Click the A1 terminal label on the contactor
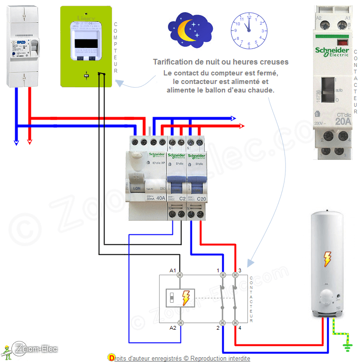[x=173, y=270]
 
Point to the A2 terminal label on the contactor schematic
[x=173, y=327]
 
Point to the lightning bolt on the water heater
[x=327, y=259]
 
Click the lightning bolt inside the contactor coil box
[x=186, y=297]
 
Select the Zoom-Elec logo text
[x=36, y=349]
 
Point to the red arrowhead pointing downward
[x=29, y=141]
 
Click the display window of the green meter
[x=86, y=43]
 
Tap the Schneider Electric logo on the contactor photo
[x=332, y=51]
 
